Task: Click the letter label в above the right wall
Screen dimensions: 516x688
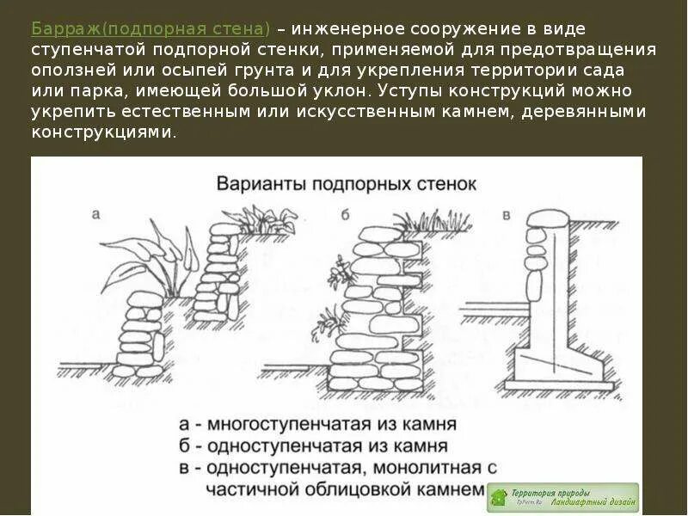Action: pyautogui.click(x=506, y=212)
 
